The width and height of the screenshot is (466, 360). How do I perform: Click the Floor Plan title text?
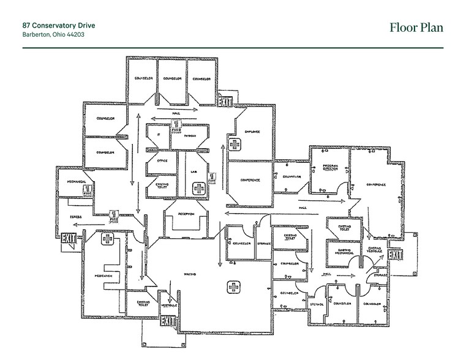click(x=416, y=28)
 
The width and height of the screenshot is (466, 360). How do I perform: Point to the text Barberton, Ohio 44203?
click(x=53, y=35)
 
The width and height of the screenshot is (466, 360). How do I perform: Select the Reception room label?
click(x=186, y=214)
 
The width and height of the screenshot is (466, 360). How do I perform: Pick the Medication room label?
click(x=103, y=277)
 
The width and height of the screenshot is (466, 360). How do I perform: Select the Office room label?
click(x=162, y=161)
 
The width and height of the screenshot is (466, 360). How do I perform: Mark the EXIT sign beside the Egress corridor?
click(x=69, y=238)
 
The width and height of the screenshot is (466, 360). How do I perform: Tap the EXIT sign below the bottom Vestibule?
click(x=167, y=321)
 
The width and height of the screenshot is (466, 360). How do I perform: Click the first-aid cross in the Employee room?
click(x=234, y=144)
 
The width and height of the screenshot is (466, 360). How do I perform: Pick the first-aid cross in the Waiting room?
click(x=233, y=286)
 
